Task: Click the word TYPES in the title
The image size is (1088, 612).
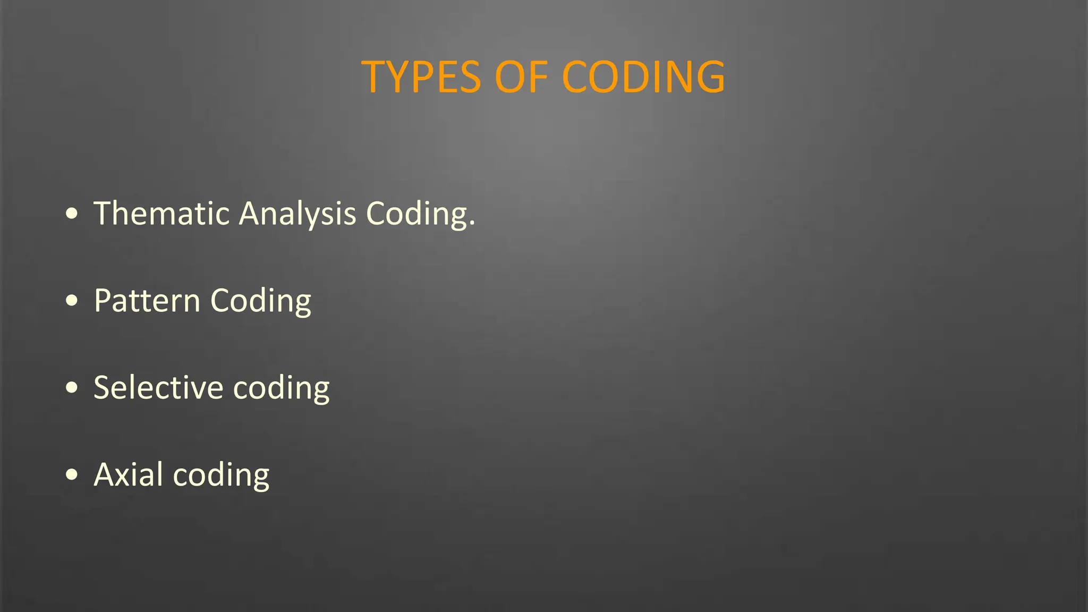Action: click(421, 78)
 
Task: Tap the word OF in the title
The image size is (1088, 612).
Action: click(521, 78)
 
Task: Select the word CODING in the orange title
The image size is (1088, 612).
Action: click(643, 78)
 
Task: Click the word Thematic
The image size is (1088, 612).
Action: click(161, 214)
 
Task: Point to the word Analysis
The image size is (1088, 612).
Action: click(297, 215)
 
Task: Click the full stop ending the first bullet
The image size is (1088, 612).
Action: click(472, 225)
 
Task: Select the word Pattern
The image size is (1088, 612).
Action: click(147, 301)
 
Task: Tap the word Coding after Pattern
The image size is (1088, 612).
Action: click(260, 302)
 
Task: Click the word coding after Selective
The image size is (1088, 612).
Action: click(281, 388)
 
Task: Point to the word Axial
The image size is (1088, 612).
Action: click(128, 474)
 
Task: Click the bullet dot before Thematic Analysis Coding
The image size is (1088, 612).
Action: click(72, 214)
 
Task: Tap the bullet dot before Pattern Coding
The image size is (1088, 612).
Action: click(72, 301)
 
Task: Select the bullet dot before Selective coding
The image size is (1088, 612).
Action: click(72, 388)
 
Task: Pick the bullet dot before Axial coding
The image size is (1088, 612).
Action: click(72, 475)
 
